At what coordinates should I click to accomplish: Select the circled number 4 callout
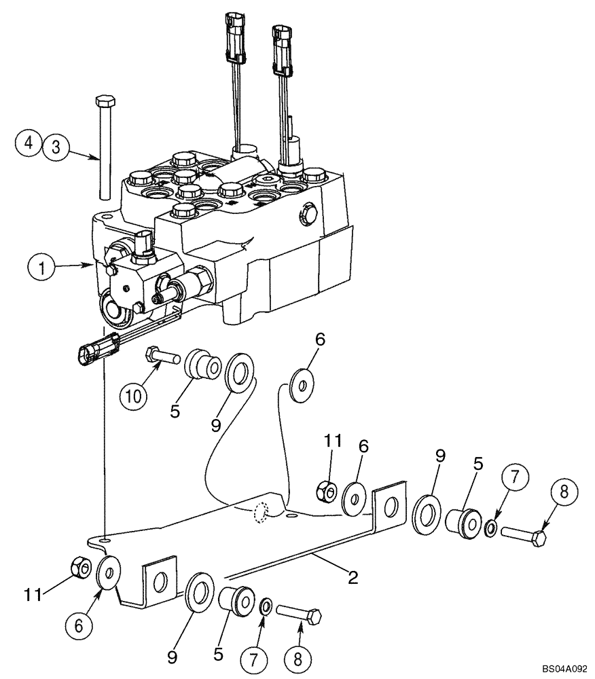(x=29, y=144)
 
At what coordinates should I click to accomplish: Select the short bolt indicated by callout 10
(x=160, y=354)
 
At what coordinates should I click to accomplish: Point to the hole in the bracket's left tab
(x=160, y=581)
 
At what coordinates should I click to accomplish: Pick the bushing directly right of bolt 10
(x=203, y=365)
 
